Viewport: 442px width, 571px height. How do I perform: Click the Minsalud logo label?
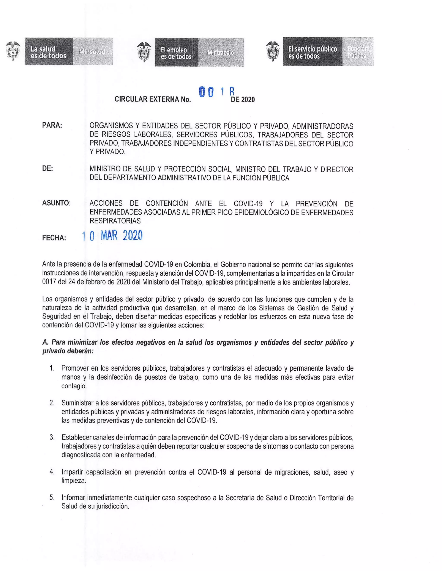[x=92, y=51]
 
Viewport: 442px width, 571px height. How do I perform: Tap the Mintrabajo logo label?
[x=221, y=52]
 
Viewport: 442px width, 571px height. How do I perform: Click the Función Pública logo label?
[x=358, y=52]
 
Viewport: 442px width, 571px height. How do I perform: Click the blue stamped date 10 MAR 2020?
[x=112, y=236]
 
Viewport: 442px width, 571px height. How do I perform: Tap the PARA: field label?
[x=52, y=125]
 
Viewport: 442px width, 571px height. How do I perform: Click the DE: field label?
[x=47, y=169]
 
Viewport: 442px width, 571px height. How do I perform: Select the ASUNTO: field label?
[x=56, y=203]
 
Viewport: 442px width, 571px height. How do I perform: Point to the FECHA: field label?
[x=54, y=238]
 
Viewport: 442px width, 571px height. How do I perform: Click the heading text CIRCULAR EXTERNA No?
[x=153, y=99]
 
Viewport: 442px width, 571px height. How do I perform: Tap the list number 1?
[x=52, y=368]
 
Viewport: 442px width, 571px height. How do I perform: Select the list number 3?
[x=52, y=437]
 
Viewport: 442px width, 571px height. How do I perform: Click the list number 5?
[x=52, y=497]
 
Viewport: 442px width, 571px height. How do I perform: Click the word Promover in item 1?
[x=75, y=368]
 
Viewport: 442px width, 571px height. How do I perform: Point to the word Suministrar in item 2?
[x=80, y=403]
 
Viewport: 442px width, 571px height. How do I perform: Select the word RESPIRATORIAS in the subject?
[x=115, y=221]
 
